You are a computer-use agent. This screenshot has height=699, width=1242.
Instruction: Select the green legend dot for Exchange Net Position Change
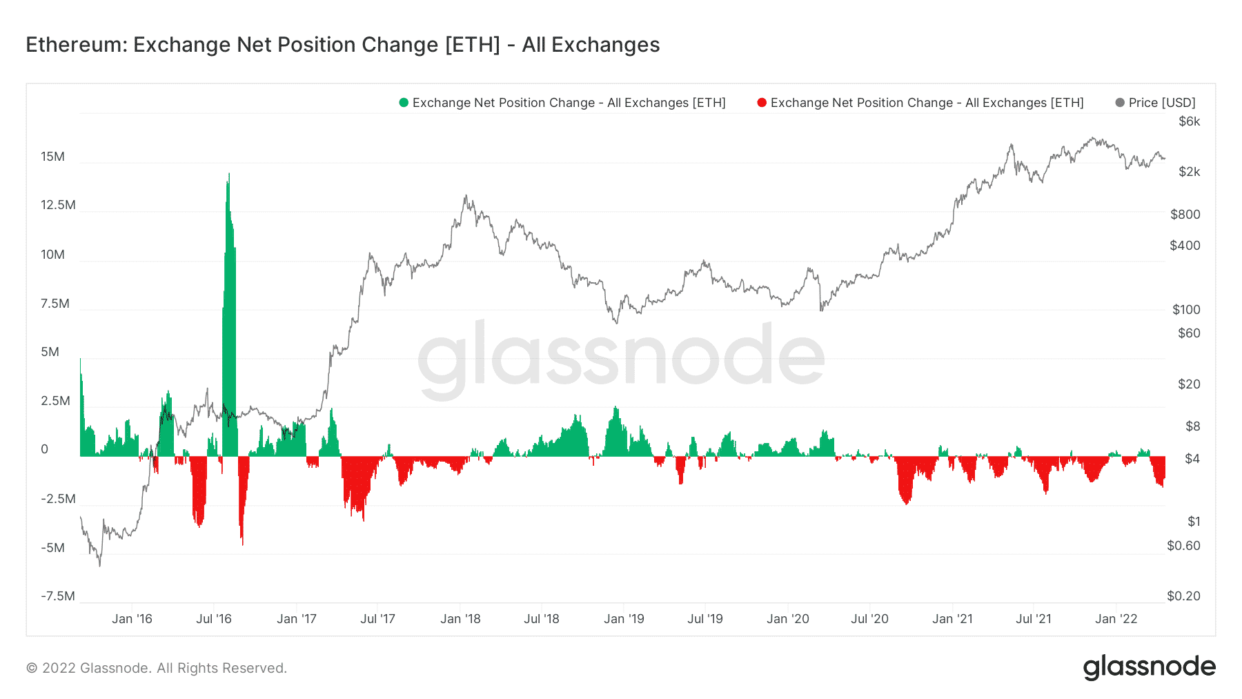404,103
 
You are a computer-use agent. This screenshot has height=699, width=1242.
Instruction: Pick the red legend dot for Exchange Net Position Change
762,103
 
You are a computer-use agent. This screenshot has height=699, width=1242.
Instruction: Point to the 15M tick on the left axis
52,157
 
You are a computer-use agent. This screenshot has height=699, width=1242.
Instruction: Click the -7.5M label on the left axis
58,596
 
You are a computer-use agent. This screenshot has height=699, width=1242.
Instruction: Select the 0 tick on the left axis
45,449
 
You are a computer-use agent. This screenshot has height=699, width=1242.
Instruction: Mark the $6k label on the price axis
1189,121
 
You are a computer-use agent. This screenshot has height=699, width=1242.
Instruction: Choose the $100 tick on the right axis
1186,310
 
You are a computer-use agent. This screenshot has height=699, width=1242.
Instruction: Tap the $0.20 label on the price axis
1183,596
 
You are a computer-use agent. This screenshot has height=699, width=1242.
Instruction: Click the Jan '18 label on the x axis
460,619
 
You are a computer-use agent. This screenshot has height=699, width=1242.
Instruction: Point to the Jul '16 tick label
214,619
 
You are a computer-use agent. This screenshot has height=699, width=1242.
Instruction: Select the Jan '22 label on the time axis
1116,619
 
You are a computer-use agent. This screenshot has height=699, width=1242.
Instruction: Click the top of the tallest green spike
229,174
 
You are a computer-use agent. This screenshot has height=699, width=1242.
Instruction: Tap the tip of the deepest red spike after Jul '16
243,544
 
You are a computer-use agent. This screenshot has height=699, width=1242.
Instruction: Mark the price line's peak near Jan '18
466,196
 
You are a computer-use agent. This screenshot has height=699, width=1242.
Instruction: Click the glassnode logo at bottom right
1149,667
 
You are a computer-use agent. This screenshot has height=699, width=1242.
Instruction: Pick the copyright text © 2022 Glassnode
156,668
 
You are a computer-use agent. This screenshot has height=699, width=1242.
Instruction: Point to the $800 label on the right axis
1185,215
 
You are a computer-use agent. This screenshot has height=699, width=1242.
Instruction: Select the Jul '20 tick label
869,619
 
